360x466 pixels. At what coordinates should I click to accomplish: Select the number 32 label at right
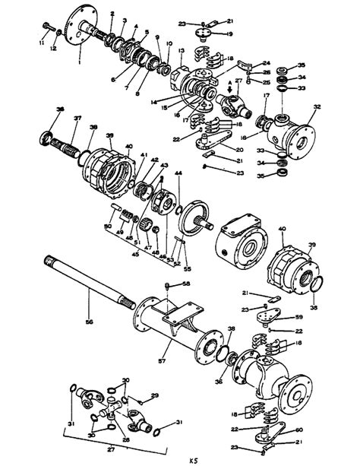click(x=317, y=109)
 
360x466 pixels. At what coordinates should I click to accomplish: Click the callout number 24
click(x=266, y=63)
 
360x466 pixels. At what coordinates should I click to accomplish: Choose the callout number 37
click(x=77, y=118)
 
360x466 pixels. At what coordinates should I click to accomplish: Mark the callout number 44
click(x=178, y=175)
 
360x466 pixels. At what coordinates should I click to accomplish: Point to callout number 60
click(x=298, y=430)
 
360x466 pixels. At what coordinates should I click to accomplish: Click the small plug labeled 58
click(x=167, y=286)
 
